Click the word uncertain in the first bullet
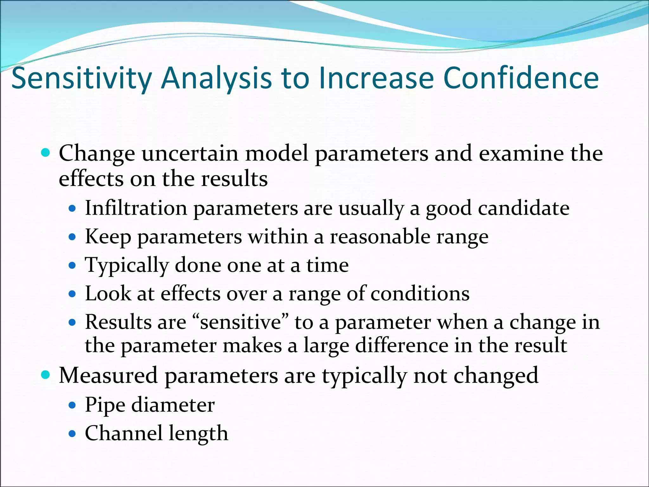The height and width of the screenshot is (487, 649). [x=190, y=154]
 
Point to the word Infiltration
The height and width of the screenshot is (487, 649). [x=136, y=208]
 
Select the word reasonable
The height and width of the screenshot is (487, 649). [x=380, y=237]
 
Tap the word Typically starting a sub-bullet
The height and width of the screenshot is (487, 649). [x=126, y=266]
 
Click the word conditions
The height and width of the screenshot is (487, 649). [x=420, y=294]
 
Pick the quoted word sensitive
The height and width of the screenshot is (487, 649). [x=241, y=322]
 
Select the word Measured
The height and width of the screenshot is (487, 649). [x=108, y=375]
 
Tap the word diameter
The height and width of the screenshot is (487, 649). [x=173, y=405]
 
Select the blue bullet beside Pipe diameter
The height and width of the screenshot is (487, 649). [x=73, y=405]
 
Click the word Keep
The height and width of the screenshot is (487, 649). [x=108, y=237]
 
